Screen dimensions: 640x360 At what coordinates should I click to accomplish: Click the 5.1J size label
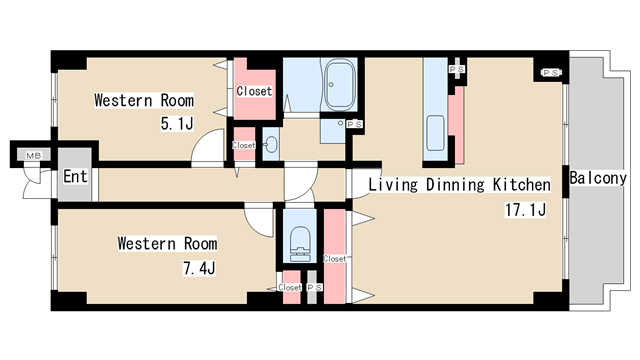[x=177, y=123]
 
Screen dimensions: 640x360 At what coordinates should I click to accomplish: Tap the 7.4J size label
[x=199, y=268]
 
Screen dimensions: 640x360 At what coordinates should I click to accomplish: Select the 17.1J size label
[x=525, y=210]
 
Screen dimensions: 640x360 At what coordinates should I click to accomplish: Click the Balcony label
[x=598, y=178]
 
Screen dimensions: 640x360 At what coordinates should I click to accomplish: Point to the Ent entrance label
[x=75, y=176]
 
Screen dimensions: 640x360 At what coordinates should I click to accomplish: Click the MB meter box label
[x=33, y=156]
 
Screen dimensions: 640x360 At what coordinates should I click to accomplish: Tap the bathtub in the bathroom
[x=339, y=84]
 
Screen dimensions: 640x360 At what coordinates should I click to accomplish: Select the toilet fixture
[x=299, y=244]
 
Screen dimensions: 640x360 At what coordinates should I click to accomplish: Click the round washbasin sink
[x=271, y=144]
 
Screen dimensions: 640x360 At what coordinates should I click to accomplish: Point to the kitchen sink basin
[x=435, y=133]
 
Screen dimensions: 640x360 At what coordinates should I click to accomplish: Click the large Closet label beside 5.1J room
[x=254, y=91]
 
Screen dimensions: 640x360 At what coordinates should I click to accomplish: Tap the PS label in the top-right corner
[x=550, y=73]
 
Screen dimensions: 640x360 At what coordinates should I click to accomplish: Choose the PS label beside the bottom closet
[x=314, y=288]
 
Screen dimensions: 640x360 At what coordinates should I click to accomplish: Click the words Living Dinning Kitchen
[x=459, y=184]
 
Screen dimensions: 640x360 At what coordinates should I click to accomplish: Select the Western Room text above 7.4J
[x=167, y=243]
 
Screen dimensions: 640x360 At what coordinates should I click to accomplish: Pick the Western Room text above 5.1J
[x=144, y=100]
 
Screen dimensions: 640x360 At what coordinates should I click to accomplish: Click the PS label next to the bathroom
[x=354, y=124]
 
